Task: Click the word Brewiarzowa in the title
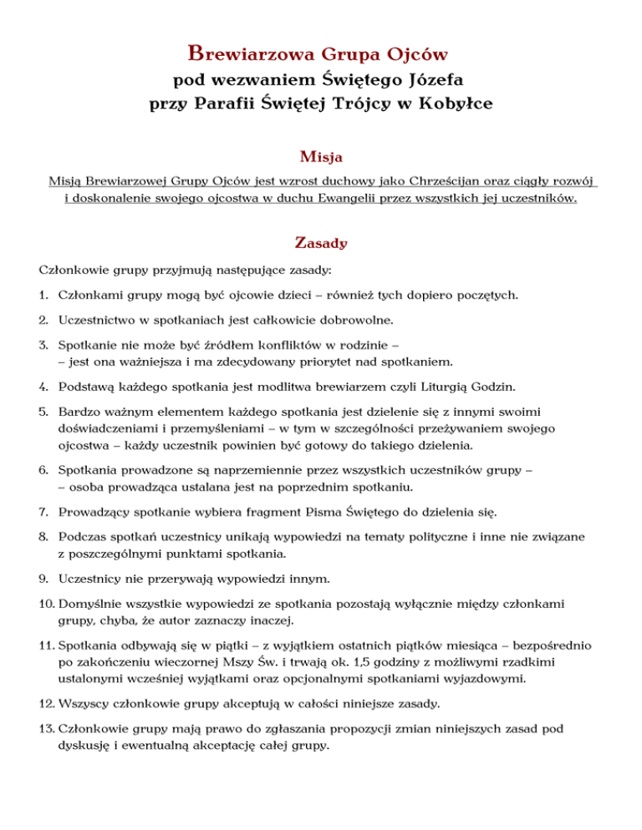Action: click(243, 55)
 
